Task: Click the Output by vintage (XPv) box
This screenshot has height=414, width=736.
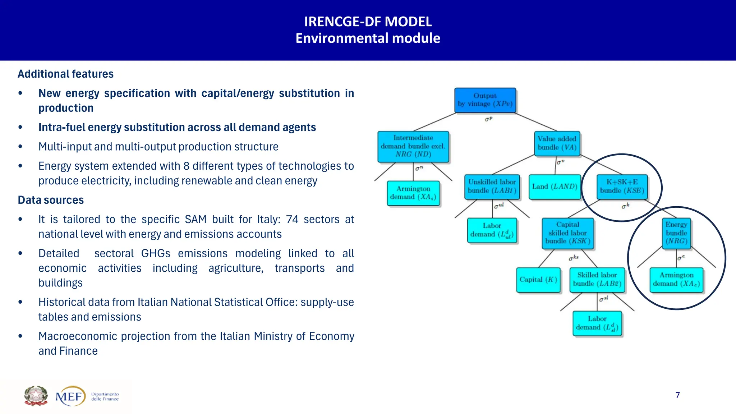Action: pyautogui.click(x=485, y=100)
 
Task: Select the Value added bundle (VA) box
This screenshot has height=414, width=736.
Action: pyautogui.click(x=557, y=143)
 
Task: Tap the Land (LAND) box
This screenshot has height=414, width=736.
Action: pyautogui.click(x=555, y=187)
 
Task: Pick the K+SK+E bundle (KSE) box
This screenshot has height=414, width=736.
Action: pyautogui.click(x=622, y=187)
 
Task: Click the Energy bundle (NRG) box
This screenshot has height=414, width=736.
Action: pyautogui.click(x=676, y=233)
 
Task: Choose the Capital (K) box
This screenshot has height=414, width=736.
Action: pyautogui.click(x=538, y=280)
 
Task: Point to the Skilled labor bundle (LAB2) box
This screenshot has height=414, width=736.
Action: pyautogui.click(x=597, y=280)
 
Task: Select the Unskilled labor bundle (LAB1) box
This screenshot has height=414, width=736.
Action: pyautogui.click(x=492, y=187)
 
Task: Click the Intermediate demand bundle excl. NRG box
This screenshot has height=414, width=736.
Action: pyautogui.click(x=413, y=146)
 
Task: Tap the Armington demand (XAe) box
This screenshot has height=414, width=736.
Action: pyautogui.click(x=676, y=280)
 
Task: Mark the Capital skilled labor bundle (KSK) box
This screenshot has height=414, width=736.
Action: pyautogui.click(x=567, y=233)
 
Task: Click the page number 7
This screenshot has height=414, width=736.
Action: pyautogui.click(x=677, y=395)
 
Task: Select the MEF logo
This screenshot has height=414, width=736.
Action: pyautogui.click(x=71, y=396)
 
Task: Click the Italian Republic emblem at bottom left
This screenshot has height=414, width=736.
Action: pyautogui.click(x=36, y=396)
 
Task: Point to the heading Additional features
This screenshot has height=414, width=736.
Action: pyautogui.click(x=66, y=74)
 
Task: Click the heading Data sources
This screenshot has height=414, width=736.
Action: pyautogui.click(x=51, y=200)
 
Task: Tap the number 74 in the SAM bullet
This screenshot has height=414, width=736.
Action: pyautogui.click(x=292, y=220)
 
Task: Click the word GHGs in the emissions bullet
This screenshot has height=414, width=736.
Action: pyautogui.click(x=156, y=254)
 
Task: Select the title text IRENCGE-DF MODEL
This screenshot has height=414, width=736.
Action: pyautogui.click(x=368, y=22)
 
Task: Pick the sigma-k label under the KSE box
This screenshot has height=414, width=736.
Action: pyautogui.click(x=625, y=206)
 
